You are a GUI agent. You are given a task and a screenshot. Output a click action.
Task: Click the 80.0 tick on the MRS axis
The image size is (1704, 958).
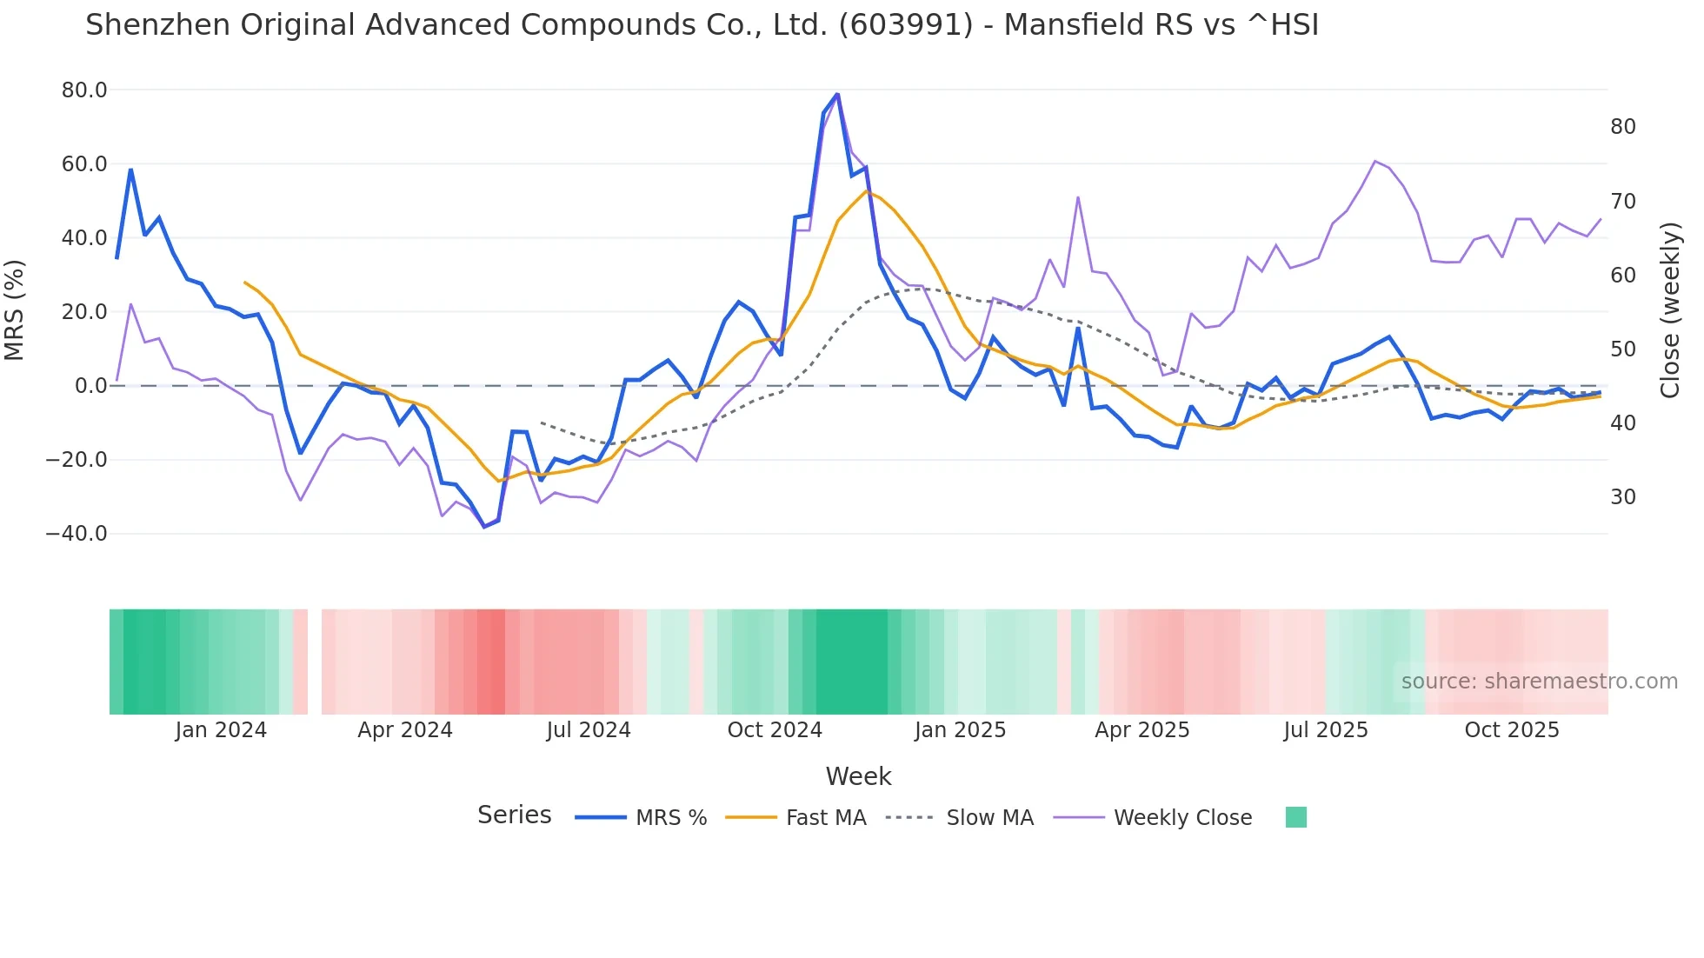click(x=83, y=90)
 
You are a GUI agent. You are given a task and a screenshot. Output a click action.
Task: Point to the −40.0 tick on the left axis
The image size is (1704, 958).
click(x=77, y=534)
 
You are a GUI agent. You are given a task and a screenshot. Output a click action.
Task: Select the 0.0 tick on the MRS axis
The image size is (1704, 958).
click(x=90, y=386)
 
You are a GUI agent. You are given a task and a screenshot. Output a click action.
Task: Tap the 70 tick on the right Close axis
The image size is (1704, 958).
click(x=1622, y=202)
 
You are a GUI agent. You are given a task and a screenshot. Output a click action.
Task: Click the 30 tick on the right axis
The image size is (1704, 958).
click(x=1622, y=497)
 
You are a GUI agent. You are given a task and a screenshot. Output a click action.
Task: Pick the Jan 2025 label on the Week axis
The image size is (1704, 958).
click(x=960, y=730)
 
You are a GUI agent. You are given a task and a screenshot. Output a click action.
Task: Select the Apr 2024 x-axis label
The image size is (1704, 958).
click(x=405, y=730)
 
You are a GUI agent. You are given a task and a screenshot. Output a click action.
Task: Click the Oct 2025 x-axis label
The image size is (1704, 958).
click(x=1512, y=730)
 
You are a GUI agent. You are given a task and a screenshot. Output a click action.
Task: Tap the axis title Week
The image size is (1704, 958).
click(x=858, y=776)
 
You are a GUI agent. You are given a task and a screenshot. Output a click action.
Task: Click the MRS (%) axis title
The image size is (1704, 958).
click(x=15, y=310)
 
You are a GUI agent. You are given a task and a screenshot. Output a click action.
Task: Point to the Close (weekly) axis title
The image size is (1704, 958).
click(x=1670, y=310)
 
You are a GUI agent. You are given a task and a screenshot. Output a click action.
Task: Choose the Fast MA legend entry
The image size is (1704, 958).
click(x=825, y=818)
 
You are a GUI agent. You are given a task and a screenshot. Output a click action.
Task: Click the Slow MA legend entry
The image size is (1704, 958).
click(x=989, y=818)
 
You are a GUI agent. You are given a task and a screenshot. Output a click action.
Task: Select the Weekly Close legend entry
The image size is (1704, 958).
click(x=1182, y=818)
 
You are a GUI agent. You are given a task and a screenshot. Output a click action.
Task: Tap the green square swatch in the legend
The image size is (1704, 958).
click(x=1295, y=817)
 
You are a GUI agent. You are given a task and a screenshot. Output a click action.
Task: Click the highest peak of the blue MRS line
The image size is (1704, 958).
click(x=837, y=94)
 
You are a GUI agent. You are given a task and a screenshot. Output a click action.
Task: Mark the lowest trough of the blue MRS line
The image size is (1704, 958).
click(x=484, y=527)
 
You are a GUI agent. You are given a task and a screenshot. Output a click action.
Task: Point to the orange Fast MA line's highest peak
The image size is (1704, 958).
click(x=866, y=191)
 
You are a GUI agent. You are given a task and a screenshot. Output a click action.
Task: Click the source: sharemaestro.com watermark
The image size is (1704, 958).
click(x=1539, y=682)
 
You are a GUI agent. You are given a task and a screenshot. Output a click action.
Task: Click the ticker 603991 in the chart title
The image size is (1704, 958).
click(x=904, y=25)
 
